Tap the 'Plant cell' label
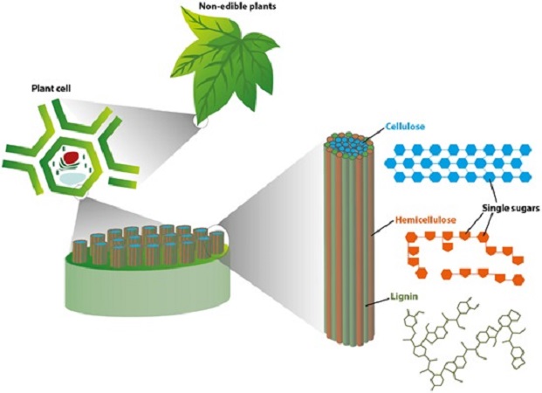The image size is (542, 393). click(x=54, y=90)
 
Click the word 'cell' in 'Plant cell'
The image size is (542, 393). click(x=69, y=90)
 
